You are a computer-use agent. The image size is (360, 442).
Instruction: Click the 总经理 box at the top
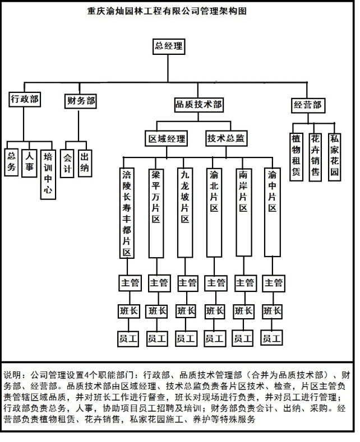coord(169,46)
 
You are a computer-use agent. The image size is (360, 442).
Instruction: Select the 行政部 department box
coord(25,99)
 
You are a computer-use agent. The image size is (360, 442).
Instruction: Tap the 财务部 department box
coord(80,101)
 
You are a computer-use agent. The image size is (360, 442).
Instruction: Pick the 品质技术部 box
coord(199,105)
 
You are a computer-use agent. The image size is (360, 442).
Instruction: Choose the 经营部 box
coord(308,105)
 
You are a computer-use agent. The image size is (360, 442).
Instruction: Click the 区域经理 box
coord(167,138)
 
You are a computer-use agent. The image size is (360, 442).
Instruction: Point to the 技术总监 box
coord(226,138)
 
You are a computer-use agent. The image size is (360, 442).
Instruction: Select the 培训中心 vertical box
coord(48,174)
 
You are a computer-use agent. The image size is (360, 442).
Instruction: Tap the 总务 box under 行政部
coord(12,162)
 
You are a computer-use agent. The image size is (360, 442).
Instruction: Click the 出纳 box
coord(85,163)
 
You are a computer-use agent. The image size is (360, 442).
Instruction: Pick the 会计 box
coord(67,164)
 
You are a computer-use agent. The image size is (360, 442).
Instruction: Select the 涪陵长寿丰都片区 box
coord(127,213)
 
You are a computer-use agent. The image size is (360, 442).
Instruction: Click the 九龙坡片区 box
coord(185,212)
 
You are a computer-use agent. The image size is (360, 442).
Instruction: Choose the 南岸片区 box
coord(244,212)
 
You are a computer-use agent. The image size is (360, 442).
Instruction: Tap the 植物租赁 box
coord(296,157)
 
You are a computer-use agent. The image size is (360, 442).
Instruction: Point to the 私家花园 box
coord(335,157)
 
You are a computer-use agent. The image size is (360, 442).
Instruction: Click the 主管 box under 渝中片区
coord(274,283)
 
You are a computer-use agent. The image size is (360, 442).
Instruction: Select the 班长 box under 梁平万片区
coord(158,311)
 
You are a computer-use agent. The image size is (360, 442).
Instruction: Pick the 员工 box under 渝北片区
coord(215,338)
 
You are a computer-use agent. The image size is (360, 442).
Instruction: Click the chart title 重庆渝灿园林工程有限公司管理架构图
coord(167,11)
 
